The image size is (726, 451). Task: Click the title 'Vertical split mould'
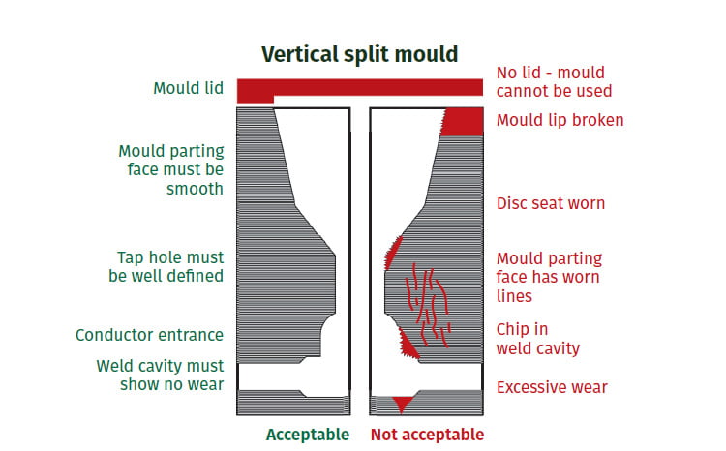click(360, 55)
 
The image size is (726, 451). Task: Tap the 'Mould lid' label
click(188, 89)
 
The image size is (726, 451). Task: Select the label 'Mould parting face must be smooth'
click(171, 170)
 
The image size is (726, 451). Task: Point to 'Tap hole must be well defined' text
click(166, 266)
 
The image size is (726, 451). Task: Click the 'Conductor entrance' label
click(149, 335)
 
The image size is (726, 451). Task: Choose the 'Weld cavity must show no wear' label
click(160, 375)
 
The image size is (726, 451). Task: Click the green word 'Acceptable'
click(308, 435)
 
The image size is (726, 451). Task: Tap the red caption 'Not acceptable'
click(427, 435)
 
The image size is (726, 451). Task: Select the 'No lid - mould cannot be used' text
click(554, 81)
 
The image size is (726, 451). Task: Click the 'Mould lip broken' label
click(560, 120)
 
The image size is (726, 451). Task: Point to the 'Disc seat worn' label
click(550, 203)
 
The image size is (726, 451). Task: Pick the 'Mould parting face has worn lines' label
click(549, 277)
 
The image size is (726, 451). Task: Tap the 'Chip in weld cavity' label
click(538, 338)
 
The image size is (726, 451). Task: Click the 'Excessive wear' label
click(552, 387)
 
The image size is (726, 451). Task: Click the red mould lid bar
click(378, 87)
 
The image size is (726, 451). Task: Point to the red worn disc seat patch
click(394, 254)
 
